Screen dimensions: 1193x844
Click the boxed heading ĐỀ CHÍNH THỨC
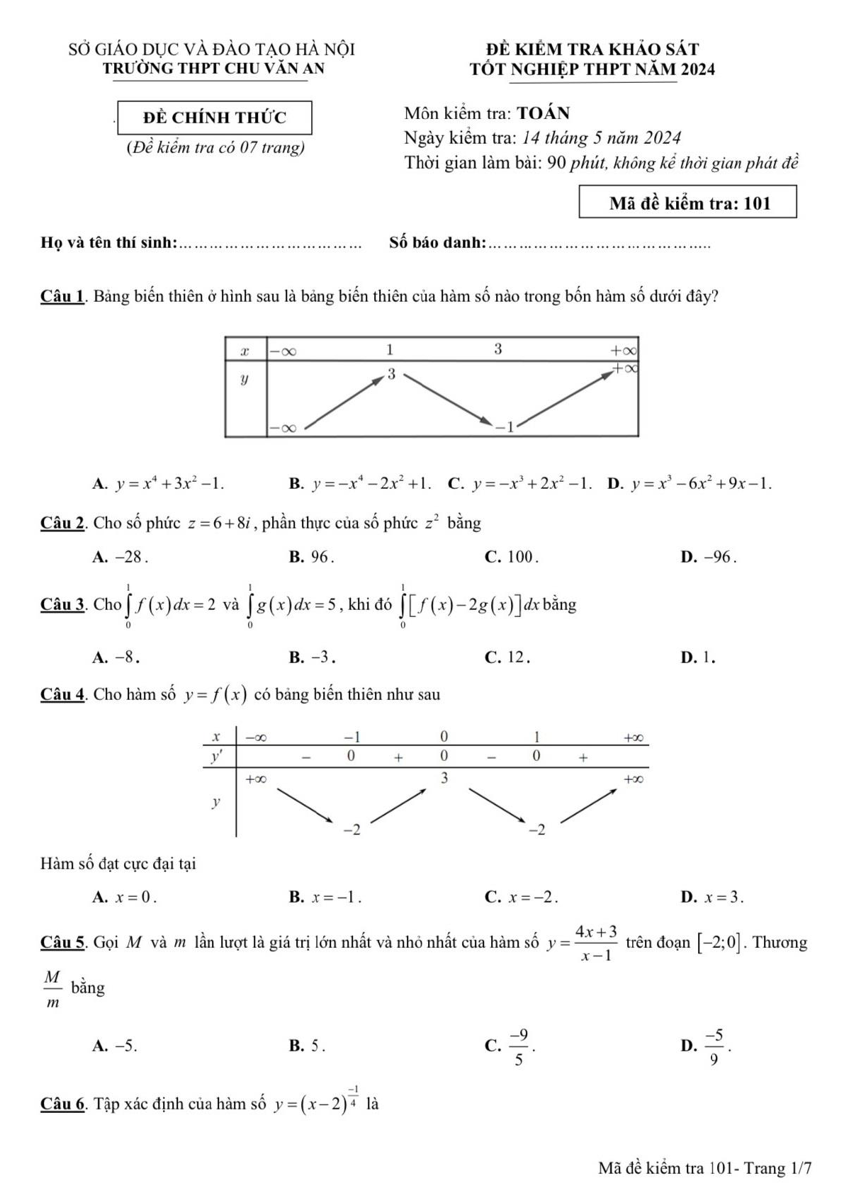pos(215,118)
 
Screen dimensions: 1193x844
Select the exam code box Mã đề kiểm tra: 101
pos(687,203)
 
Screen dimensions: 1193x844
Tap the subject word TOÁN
pos(544,113)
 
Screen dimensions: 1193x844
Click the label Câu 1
pos(63,296)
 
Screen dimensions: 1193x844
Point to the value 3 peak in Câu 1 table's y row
pos(390,374)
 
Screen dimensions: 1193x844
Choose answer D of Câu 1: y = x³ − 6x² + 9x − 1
pos(691,484)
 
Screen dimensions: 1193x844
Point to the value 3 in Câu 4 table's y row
pos(444,778)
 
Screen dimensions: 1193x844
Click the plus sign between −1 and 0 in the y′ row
pos(399,757)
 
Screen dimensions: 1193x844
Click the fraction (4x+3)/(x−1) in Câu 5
pos(596,943)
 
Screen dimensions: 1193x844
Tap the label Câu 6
pos(63,1104)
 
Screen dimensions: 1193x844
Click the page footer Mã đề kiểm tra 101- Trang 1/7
pos(704,1167)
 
